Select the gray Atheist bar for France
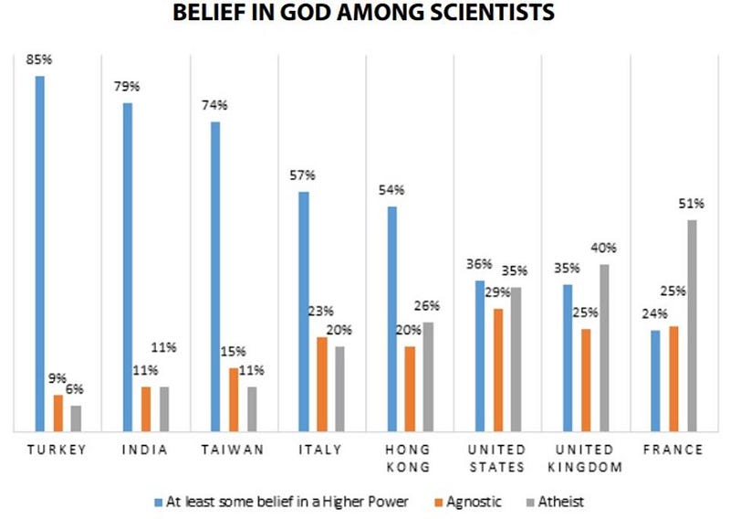pos(692,324)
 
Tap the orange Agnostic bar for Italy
pos(322,383)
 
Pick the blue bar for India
pos(128,266)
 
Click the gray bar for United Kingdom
pos(603,347)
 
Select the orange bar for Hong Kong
pos(410,387)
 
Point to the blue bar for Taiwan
pos(215,275)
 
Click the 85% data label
pos(39,62)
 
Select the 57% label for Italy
pos(304,175)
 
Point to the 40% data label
pos(604,248)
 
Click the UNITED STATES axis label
pos(497,458)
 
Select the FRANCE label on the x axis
pos(673,450)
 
